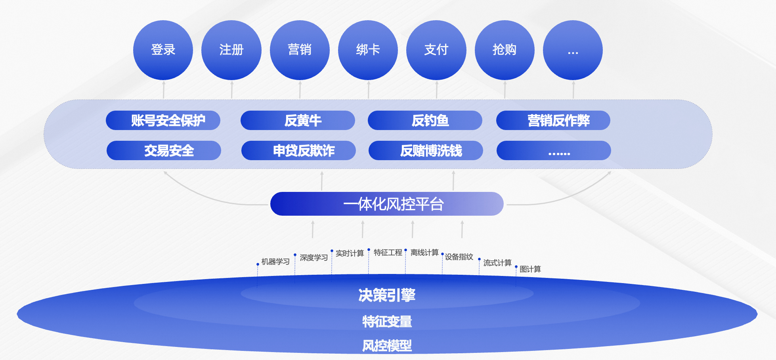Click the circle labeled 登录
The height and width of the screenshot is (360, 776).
163,50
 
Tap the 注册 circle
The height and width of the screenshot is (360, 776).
231,50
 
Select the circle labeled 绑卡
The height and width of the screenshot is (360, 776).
368,50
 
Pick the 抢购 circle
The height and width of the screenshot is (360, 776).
505,50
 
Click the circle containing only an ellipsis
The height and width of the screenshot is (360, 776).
573,50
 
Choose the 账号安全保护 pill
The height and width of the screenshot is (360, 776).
163,121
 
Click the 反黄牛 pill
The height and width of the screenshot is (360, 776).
298,121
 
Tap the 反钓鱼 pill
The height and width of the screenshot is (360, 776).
425,121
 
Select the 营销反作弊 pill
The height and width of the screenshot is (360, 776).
553,121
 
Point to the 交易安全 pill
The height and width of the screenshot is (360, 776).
164,151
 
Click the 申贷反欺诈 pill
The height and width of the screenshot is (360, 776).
298,151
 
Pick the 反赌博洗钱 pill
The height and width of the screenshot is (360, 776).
426,151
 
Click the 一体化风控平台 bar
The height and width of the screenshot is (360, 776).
387,204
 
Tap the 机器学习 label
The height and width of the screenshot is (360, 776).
275,262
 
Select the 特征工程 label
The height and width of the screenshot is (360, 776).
388,253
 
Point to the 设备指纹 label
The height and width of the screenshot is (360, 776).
459,257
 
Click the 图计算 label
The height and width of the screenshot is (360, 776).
530,269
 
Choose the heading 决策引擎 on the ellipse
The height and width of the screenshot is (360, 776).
387,295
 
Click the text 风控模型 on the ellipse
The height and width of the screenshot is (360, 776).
387,346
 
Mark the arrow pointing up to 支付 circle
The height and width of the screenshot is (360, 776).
437,90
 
